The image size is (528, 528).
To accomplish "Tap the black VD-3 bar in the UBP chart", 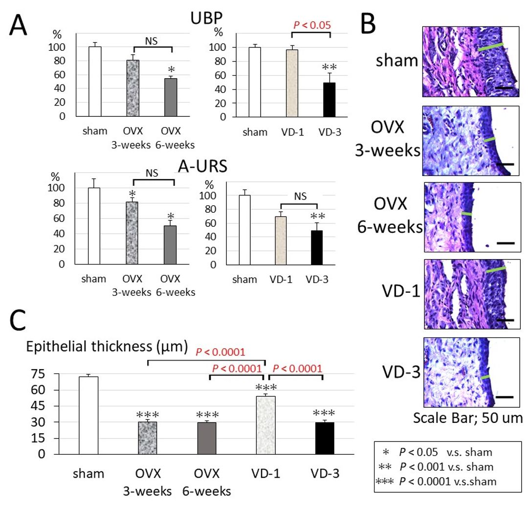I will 330,100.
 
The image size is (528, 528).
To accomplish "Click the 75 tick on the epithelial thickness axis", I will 38,374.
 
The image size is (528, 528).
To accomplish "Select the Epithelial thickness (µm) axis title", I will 107,348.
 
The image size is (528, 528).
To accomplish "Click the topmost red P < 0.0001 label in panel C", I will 220,351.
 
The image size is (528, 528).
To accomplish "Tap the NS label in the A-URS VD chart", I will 300,196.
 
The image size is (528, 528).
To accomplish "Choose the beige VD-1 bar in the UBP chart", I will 292,83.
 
